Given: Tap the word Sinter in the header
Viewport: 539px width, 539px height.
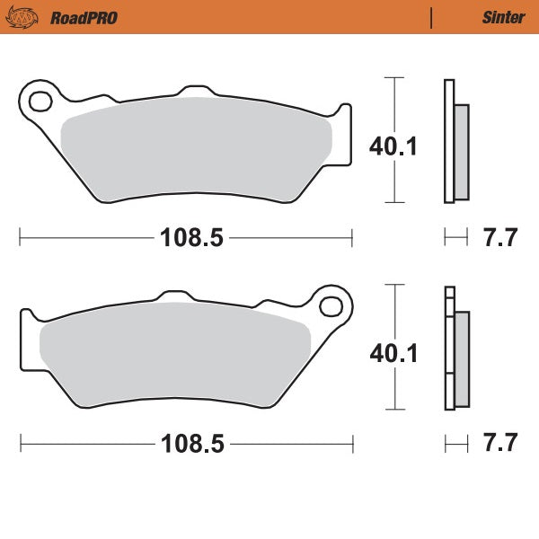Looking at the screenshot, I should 499,17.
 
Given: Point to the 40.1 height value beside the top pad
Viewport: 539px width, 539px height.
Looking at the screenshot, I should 393,146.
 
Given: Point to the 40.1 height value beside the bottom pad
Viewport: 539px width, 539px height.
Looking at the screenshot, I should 393,352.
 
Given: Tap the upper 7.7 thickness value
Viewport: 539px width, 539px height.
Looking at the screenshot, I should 500,239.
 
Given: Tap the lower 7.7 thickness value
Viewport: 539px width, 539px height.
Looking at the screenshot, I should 500,444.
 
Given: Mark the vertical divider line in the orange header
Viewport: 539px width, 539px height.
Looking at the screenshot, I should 432,17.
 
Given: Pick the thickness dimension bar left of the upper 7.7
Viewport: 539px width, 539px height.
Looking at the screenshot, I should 456,238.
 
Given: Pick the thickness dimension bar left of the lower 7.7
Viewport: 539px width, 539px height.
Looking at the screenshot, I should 456,444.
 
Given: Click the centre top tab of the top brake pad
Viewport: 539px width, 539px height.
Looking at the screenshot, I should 195,93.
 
